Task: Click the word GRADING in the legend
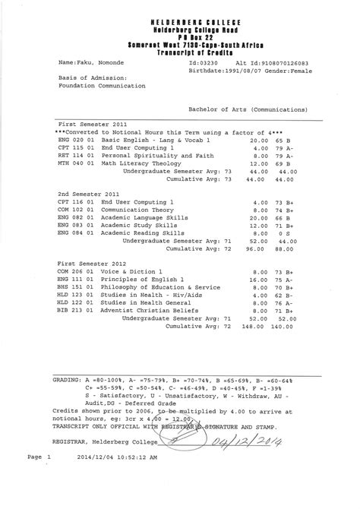click(x=68, y=378)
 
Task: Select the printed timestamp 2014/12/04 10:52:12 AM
click(x=116, y=479)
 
